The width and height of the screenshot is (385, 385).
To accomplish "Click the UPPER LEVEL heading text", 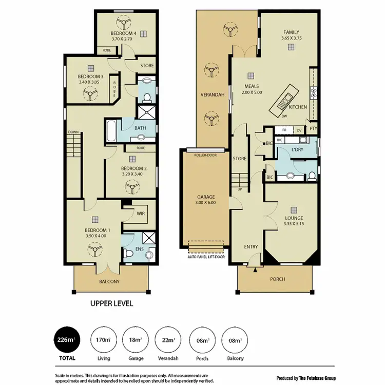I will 111,303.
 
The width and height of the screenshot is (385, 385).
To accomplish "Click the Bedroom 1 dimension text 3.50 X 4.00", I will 98,236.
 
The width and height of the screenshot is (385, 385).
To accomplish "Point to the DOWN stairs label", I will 73,132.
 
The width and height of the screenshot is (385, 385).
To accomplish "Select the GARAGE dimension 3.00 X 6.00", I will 206,203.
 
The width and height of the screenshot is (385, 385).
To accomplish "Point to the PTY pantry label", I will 313,130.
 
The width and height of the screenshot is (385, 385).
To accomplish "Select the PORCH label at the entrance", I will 278,279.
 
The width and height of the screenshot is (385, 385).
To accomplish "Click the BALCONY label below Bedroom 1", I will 110,281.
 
